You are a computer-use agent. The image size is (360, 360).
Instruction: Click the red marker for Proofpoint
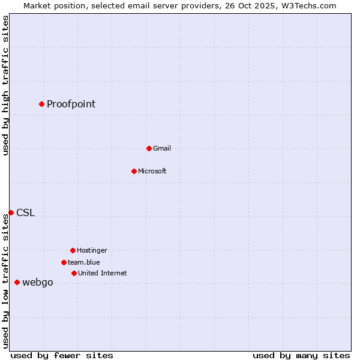point(41,104)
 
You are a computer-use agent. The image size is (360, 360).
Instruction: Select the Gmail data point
point(149,148)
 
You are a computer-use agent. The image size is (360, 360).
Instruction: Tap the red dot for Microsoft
point(134,171)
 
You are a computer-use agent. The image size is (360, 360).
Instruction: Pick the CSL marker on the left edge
point(11,212)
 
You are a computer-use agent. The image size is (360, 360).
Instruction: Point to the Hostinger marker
point(73,250)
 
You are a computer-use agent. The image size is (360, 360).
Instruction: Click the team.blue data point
point(64,262)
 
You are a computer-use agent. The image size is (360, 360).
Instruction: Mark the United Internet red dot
point(74,273)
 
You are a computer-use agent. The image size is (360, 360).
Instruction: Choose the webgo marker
point(17,282)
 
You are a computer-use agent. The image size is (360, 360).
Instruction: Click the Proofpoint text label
point(71,104)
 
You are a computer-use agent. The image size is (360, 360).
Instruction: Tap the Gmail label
point(161,148)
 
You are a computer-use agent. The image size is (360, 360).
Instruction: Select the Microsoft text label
point(152,171)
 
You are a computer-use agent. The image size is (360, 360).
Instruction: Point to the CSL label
point(25,212)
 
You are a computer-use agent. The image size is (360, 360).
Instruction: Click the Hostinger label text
point(92,250)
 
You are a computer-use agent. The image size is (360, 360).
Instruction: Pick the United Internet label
point(102,273)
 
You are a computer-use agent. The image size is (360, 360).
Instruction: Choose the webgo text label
point(37,282)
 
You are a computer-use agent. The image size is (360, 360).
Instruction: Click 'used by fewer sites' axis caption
point(62,355)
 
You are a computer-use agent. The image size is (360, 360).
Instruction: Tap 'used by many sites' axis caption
point(301,355)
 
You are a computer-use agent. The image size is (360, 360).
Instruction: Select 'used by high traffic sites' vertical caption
point(5,85)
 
